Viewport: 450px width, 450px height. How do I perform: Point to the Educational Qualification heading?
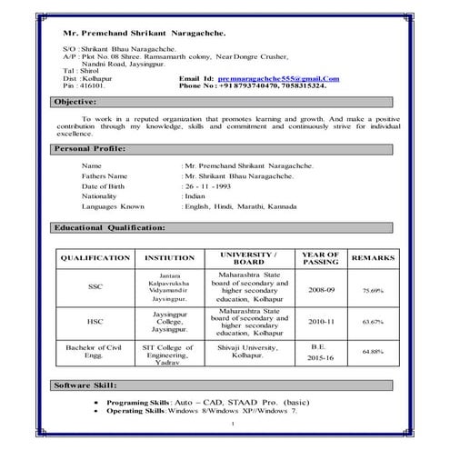click(x=110, y=226)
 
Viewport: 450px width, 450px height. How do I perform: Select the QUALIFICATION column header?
click(x=95, y=259)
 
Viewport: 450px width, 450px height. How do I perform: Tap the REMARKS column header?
click(x=372, y=259)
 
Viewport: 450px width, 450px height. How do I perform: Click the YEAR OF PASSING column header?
click(x=320, y=258)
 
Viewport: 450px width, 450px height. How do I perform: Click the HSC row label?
click(x=95, y=322)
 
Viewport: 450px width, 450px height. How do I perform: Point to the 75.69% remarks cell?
click(x=373, y=290)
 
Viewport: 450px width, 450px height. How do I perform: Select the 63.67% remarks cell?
click(x=373, y=323)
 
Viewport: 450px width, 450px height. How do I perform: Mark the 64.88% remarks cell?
click(x=373, y=351)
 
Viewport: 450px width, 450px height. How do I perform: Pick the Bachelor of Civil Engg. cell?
click(x=95, y=352)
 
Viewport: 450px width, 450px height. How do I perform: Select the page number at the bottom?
click(x=233, y=425)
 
